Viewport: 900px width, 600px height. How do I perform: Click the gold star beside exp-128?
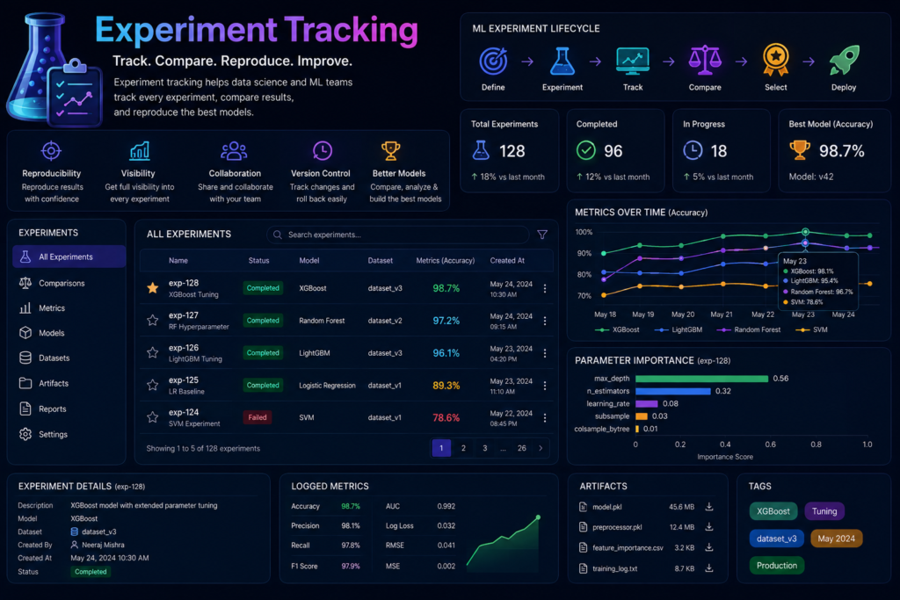pyautogui.click(x=153, y=288)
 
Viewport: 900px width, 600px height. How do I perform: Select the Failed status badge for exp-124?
pyautogui.click(x=258, y=417)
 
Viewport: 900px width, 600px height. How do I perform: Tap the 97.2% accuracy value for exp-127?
pyautogui.click(x=446, y=321)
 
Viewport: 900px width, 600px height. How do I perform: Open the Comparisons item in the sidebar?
pyautogui.click(x=62, y=284)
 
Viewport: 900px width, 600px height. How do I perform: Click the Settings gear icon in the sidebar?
pyautogui.click(x=25, y=434)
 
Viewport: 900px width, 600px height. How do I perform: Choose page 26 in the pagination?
pyautogui.click(x=522, y=449)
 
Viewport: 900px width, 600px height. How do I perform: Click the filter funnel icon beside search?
pyautogui.click(x=541, y=235)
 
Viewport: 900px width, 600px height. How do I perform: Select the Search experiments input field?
pyautogui.click(x=398, y=235)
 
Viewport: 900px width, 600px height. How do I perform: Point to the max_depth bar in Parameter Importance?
pyautogui.click(x=701, y=379)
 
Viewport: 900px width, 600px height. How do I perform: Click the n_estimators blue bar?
pyautogui.click(x=673, y=391)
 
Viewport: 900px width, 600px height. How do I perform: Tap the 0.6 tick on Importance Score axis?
pyautogui.click(x=770, y=445)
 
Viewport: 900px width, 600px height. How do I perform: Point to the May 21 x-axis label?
pyautogui.click(x=722, y=314)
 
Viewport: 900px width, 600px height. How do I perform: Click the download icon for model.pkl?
pyautogui.click(x=709, y=507)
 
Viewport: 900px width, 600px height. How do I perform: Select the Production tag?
pyautogui.click(x=777, y=566)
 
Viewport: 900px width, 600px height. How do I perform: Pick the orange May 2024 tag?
pyautogui.click(x=837, y=539)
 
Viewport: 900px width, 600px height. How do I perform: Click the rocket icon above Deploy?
pyautogui.click(x=845, y=61)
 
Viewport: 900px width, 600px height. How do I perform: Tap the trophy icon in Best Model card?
pyautogui.click(x=800, y=150)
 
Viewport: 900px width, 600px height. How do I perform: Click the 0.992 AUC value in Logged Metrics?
pyautogui.click(x=446, y=507)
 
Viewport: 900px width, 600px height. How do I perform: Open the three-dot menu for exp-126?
pyautogui.click(x=545, y=353)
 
